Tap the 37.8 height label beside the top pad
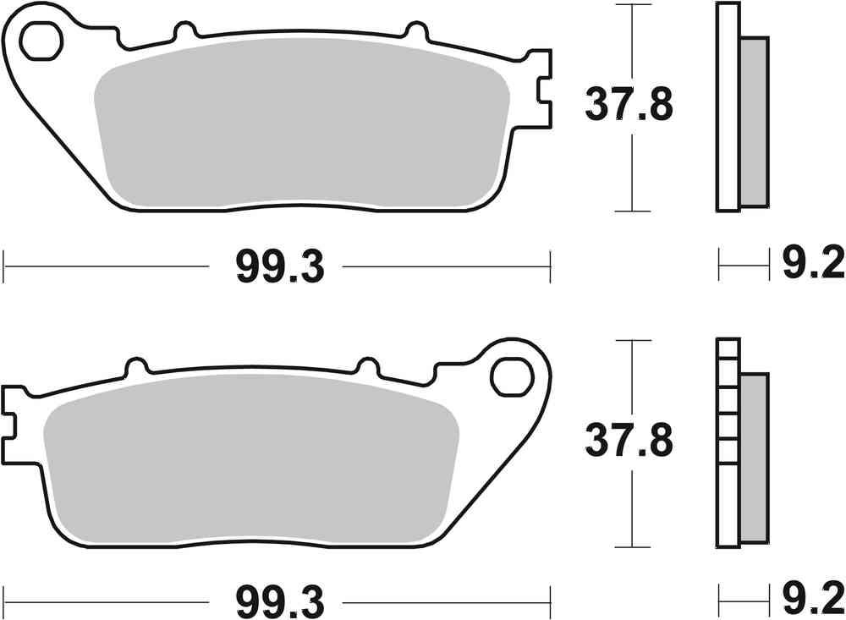[x=628, y=105]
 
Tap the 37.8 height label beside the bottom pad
[x=628, y=441]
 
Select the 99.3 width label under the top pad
[x=279, y=268]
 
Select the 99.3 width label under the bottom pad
[x=279, y=601]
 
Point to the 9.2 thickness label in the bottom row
[x=811, y=601]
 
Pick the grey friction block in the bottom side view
[x=755, y=457]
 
